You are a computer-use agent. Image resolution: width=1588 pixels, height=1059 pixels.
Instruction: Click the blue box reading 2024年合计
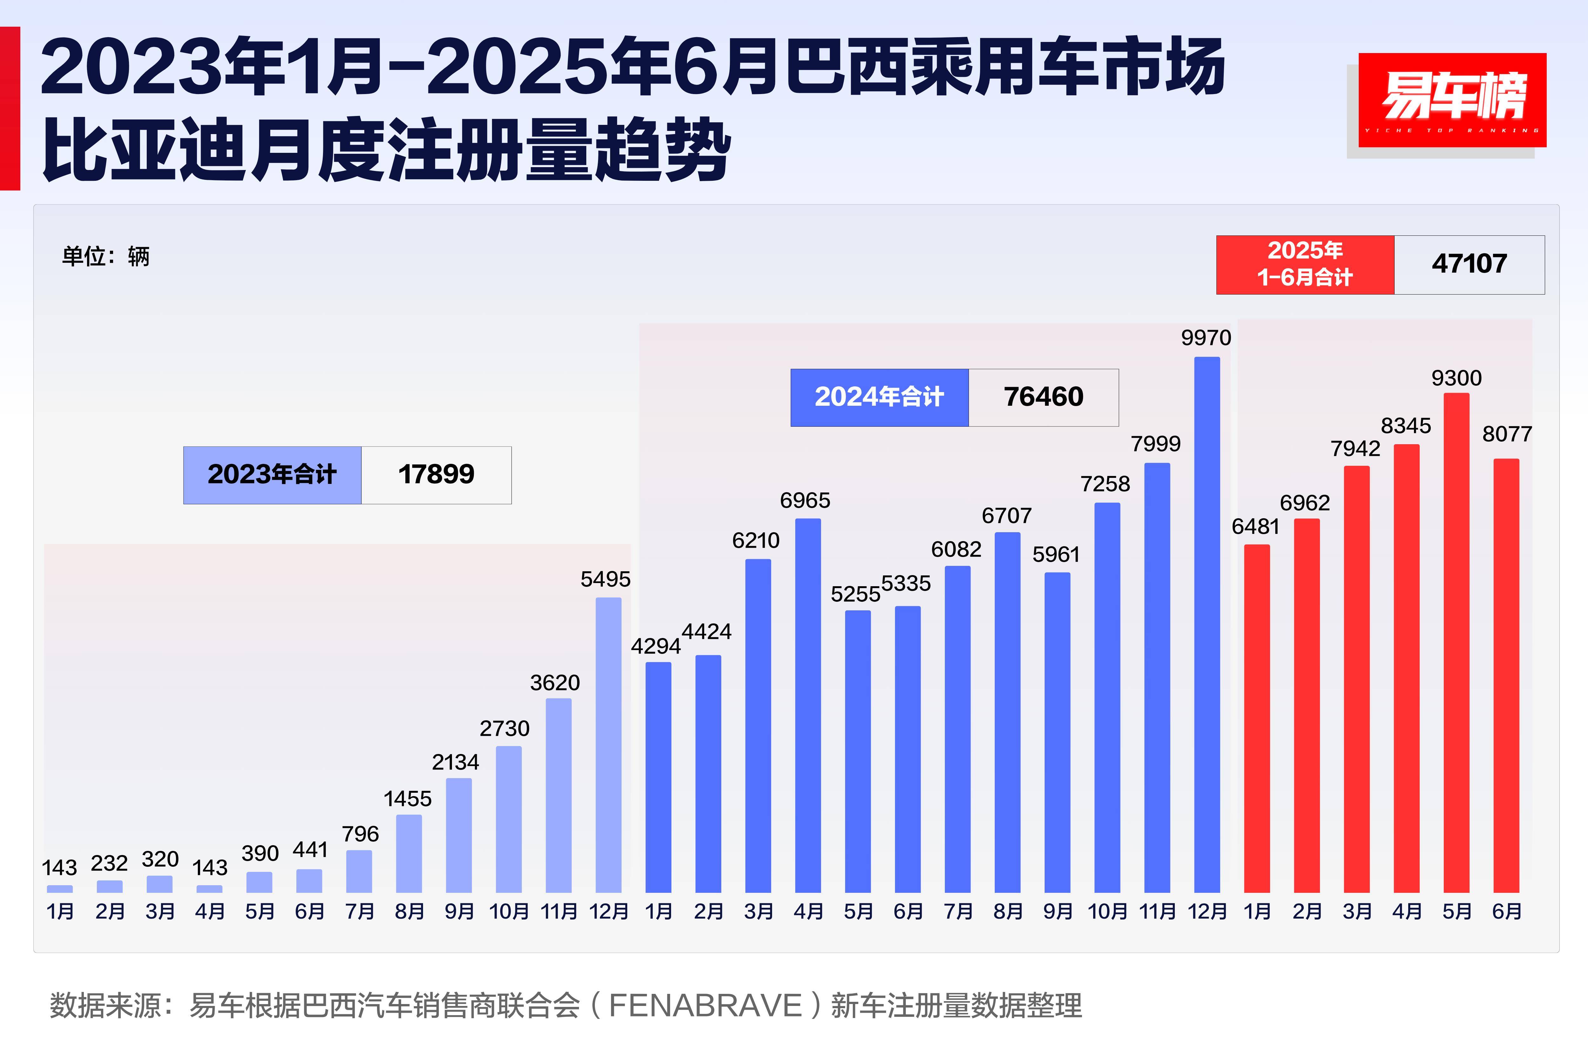[x=879, y=397]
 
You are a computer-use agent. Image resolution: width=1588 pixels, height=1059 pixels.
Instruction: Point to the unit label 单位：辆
[x=106, y=257]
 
